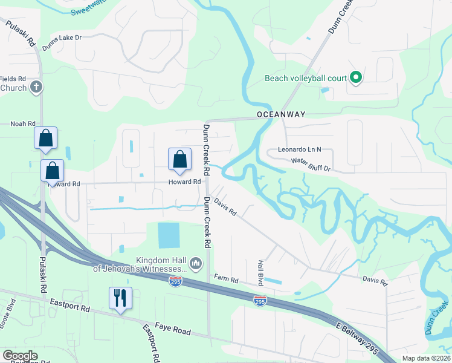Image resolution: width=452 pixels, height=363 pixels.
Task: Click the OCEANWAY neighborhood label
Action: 281,114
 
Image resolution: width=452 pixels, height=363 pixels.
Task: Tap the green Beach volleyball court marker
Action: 356,77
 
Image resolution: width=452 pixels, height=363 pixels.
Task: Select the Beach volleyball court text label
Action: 305,78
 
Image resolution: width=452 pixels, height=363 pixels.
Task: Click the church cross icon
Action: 36,88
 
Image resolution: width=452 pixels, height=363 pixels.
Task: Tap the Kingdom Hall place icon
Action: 196,263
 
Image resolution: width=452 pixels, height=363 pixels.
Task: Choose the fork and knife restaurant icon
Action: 120,298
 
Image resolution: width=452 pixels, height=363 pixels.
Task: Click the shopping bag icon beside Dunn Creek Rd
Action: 179,160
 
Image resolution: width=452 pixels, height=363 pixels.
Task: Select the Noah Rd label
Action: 23,123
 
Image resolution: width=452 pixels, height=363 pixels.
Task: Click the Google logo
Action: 20,356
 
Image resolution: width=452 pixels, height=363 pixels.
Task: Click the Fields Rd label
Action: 13,79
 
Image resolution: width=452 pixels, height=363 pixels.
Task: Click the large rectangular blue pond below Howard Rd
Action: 169,235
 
